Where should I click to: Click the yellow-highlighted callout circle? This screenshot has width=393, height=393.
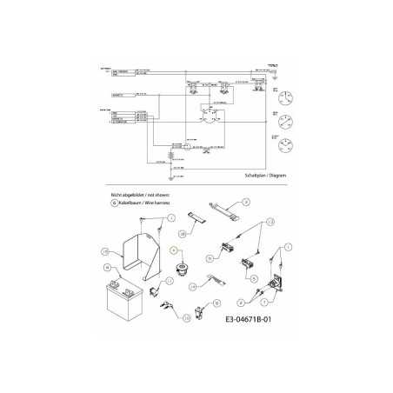pos(175,250)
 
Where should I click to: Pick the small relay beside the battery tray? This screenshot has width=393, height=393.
pos(156,290)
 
